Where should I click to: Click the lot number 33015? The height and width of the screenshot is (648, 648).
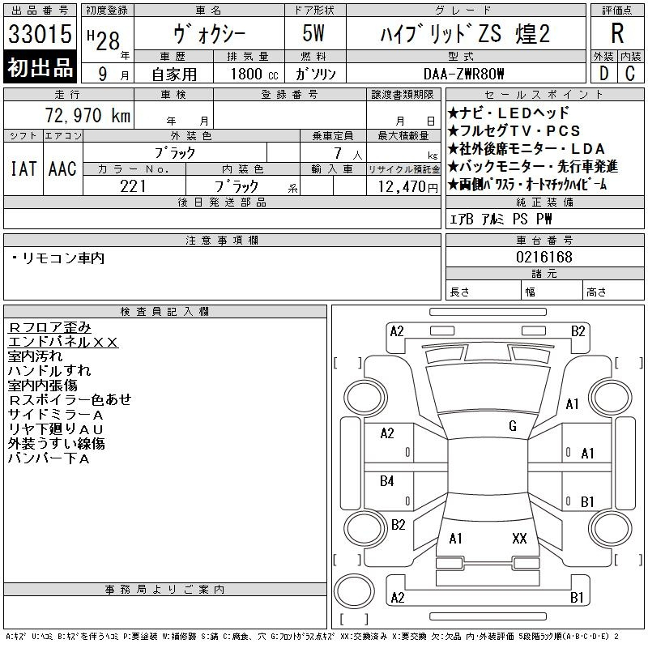pyautogui.click(x=40, y=34)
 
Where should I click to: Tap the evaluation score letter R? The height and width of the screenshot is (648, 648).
pyautogui.click(x=617, y=33)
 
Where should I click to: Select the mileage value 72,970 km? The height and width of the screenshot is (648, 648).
pyautogui.click(x=87, y=115)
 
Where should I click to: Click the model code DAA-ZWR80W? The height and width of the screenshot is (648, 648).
pyautogui.click(x=464, y=74)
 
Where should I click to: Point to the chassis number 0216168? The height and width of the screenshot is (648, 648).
pyautogui.click(x=544, y=257)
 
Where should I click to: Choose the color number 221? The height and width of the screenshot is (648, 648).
pyautogui.click(x=133, y=186)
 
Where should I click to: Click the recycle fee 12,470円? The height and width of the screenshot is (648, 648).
pyautogui.click(x=407, y=187)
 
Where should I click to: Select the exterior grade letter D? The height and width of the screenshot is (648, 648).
pyautogui.click(x=603, y=74)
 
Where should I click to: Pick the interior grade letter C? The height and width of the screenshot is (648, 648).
pyautogui.click(x=630, y=74)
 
